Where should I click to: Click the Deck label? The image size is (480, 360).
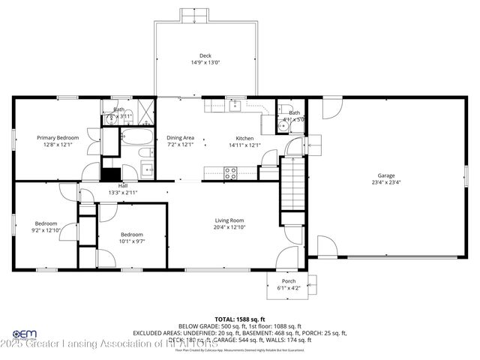point(205,55)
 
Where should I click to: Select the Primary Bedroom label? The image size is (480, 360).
point(58,137)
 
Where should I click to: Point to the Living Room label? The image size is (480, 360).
point(228,220)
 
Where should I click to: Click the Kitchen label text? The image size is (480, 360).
point(244,138)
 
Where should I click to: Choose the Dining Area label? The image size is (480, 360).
point(181,138)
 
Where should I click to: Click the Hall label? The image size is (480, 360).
point(122,185)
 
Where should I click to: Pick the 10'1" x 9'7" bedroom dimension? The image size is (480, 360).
point(132,241)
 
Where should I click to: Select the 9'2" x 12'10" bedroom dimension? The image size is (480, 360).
point(46,230)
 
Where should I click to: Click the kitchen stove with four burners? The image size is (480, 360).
point(231,172)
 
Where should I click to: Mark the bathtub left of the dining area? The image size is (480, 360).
point(137,138)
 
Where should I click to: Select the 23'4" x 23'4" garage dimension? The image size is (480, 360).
point(385,182)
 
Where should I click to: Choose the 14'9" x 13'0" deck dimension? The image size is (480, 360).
point(205,63)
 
